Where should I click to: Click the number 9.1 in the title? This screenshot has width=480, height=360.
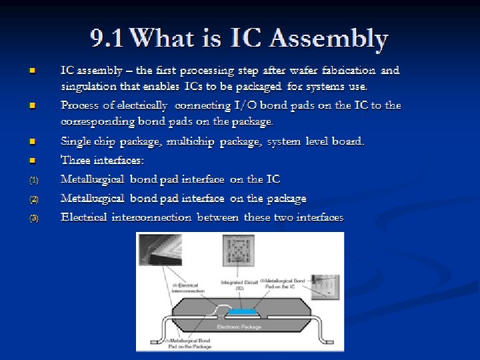point(108,39)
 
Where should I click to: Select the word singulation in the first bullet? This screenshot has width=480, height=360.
point(89,86)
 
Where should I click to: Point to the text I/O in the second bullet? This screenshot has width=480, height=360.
point(239,105)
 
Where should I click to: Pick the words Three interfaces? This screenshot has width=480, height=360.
point(102,160)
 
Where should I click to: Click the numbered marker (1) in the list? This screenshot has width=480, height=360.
point(34,180)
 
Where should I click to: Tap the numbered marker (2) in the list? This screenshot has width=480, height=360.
point(34,199)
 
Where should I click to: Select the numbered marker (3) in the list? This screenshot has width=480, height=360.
point(34,218)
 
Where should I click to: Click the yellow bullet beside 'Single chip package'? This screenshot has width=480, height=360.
point(31,142)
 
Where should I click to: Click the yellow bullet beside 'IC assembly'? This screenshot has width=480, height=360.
point(31,70)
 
